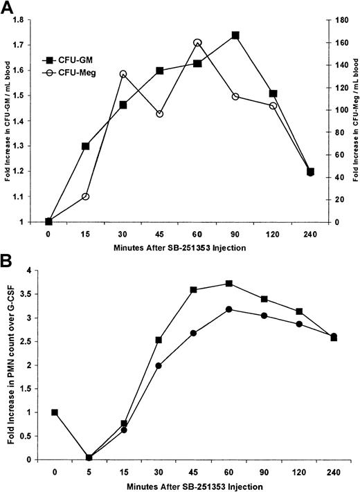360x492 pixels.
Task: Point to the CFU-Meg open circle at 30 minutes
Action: tap(123, 74)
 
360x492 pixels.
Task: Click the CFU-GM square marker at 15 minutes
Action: tap(86, 147)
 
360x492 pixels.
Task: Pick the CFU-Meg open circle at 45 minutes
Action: tap(161, 113)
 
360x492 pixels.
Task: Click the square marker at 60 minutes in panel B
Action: tap(209, 284)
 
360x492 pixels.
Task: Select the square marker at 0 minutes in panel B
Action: tap(55, 412)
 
